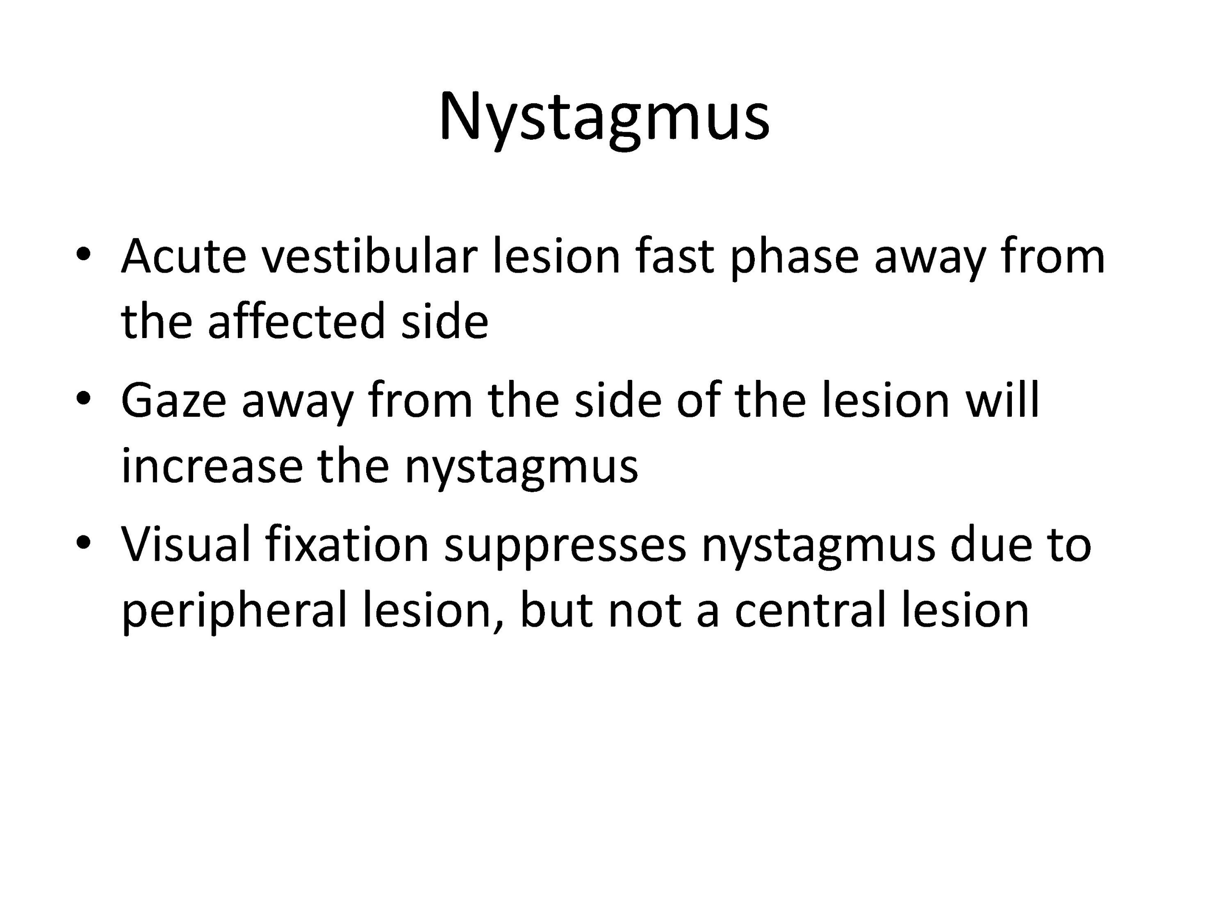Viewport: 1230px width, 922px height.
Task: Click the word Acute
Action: pyautogui.click(x=184, y=256)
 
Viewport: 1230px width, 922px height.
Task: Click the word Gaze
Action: pyautogui.click(x=174, y=400)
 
